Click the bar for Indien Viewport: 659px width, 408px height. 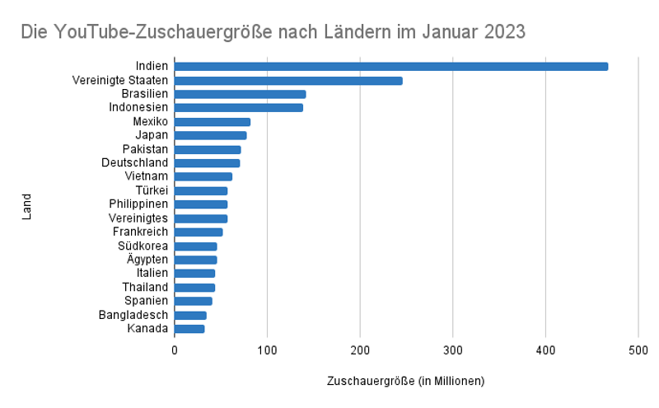(391, 66)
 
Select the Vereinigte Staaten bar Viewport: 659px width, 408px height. (288, 80)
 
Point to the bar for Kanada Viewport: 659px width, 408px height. (189, 329)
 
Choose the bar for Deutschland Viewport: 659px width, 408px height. (207, 163)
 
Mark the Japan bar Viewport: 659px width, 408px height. (210, 135)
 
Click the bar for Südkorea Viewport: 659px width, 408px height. (195, 246)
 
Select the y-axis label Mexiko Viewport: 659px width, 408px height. (151, 121)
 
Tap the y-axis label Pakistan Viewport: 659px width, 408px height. (145, 149)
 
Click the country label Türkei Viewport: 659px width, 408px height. (152, 190)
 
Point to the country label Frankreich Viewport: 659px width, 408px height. (140, 232)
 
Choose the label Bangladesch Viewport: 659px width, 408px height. (133, 315)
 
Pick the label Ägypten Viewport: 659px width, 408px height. (147, 260)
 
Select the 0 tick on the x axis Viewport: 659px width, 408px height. (175, 350)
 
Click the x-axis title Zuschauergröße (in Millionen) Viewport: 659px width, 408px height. (405, 381)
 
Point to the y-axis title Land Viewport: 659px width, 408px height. (26, 206)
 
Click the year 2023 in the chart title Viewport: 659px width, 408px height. (497, 32)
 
